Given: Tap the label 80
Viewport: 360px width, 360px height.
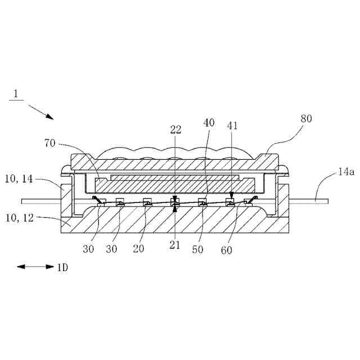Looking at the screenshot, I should (x=306, y=119).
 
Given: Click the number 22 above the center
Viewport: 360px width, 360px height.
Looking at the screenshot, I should (x=175, y=129).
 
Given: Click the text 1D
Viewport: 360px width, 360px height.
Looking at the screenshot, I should (x=62, y=268).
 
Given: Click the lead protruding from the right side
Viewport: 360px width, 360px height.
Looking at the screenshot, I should (x=315, y=200).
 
